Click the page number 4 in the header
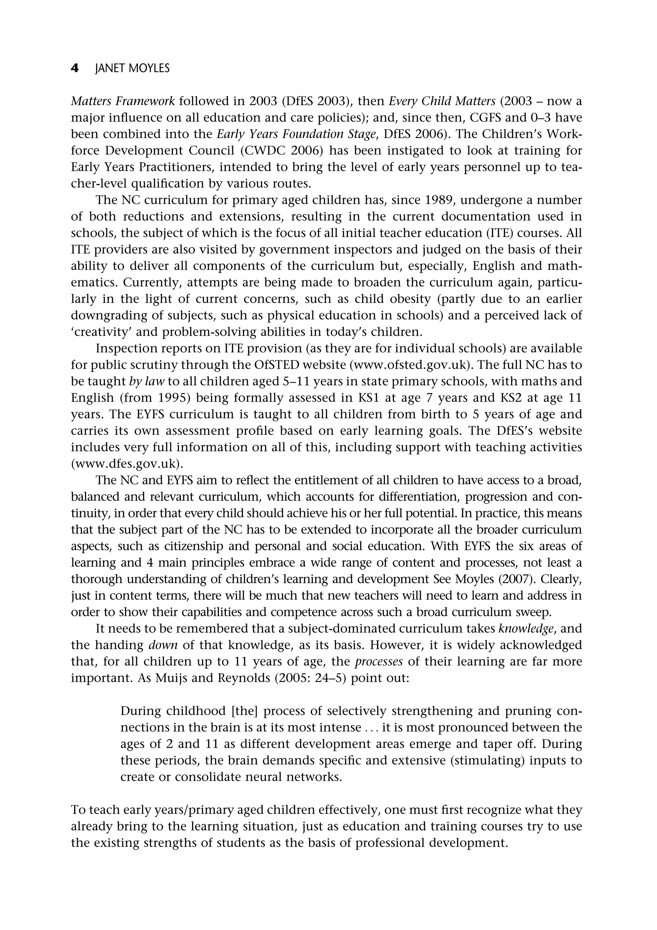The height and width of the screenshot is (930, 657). click(x=74, y=69)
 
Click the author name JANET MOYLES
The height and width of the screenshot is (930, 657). click(x=132, y=69)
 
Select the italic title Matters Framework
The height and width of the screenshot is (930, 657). click(x=123, y=101)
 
